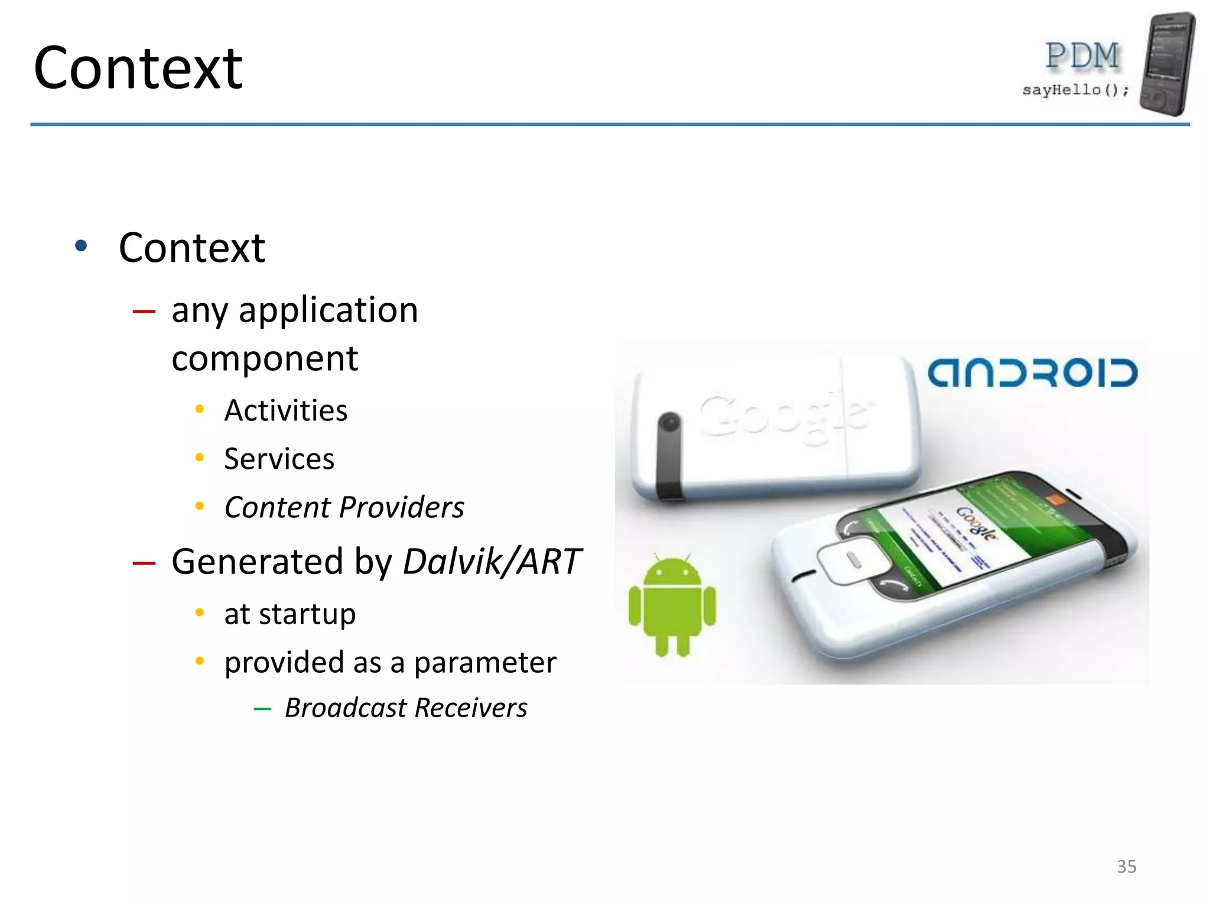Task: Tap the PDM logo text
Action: [x=1082, y=57]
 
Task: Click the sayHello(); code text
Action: [x=1075, y=90]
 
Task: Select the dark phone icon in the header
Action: [x=1167, y=64]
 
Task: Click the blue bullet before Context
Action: [x=81, y=246]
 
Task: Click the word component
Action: [x=265, y=358]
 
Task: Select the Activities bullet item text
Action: [x=286, y=410]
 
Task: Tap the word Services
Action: [x=279, y=459]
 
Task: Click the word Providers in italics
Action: [x=402, y=507]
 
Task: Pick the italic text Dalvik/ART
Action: [x=492, y=561]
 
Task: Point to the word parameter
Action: [x=484, y=662]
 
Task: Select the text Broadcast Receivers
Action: [x=406, y=708]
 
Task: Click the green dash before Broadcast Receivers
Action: [x=262, y=709]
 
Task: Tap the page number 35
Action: [x=1126, y=866]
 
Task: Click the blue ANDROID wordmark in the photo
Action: [x=1032, y=373]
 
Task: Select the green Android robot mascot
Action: [x=672, y=606]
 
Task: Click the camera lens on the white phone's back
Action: [x=669, y=423]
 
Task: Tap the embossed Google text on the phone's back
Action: [x=786, y=416]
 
